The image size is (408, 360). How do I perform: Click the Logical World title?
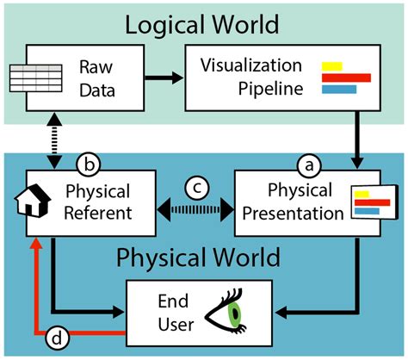click(x=203, y=23)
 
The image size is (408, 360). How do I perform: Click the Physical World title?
click(x=198, y=257)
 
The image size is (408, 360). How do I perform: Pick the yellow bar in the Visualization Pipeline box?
click(x=331, y=65)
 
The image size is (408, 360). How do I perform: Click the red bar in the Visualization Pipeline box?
click(x=345, y=77)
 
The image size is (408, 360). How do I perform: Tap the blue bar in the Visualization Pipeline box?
click(x=338, y=89)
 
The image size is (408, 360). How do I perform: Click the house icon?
click(x=30, y=202)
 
